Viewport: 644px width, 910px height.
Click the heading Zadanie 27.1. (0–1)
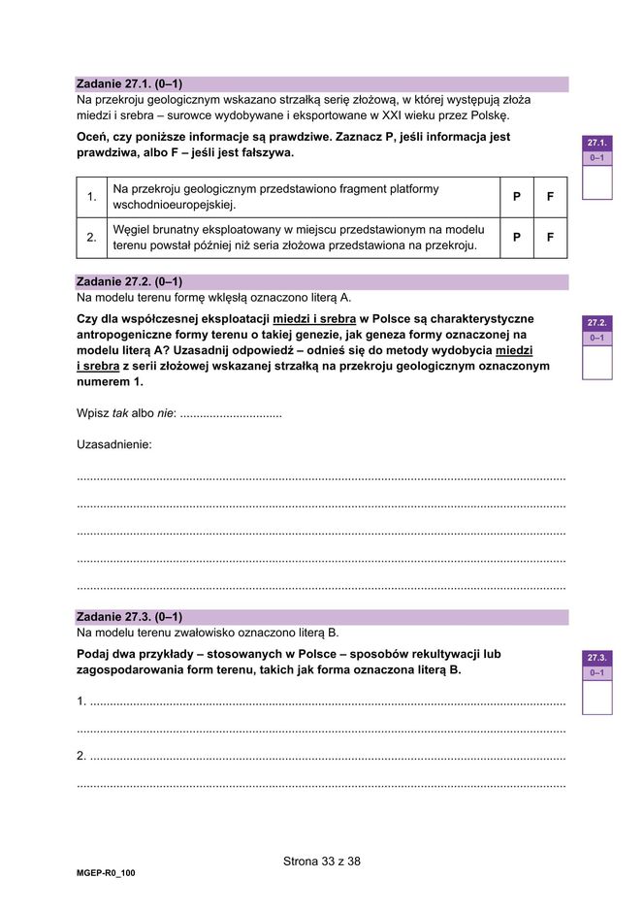click(x=129, y=84)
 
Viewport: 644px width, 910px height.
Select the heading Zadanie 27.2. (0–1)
click(x=129, y=282)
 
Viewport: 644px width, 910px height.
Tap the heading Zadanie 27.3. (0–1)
click(x=129, y=617)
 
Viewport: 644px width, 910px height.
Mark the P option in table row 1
click(x=517, y=197)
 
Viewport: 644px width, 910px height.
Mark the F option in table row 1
click(x=550, y=197)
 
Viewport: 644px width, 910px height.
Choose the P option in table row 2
click(x=517, y=238)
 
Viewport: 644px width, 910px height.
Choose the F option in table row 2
click(x=550, y=238)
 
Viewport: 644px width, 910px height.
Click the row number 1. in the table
click(x=91, y=197)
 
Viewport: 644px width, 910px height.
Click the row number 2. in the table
click(x=91, y=238)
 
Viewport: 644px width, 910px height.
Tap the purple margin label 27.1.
click(x=596, y=143)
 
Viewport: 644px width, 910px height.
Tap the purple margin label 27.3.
click(x=596, y=658)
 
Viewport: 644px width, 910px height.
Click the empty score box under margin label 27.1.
click(x=596, y=181)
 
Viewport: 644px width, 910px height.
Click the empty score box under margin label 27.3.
click(x=596, y=697)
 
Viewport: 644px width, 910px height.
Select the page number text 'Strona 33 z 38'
click(x=322, y=861)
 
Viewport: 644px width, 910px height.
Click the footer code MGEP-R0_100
click(x=107, y=873)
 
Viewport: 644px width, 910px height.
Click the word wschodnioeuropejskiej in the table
click(x=175, y=205)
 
